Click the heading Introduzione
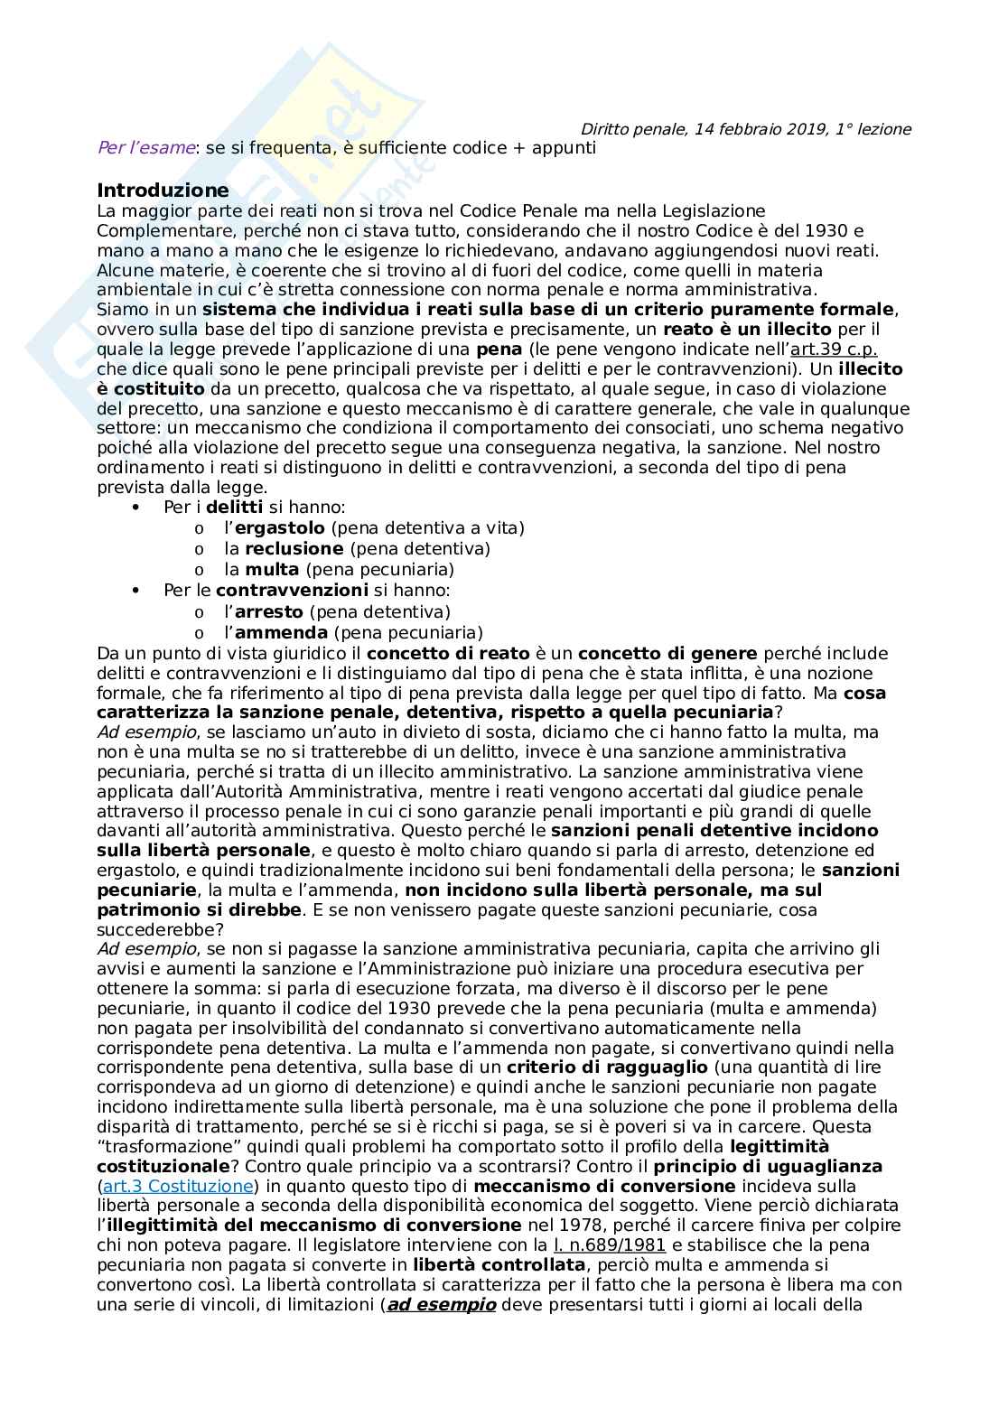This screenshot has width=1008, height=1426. coord(163,191)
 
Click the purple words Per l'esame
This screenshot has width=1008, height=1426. coord(145,148)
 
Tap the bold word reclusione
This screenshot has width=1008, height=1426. coord(294,549)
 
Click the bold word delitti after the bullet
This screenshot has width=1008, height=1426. coord(235,508)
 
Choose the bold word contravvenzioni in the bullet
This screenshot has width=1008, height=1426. coord(292,591)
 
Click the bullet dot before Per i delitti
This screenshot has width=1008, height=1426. coord(136,508)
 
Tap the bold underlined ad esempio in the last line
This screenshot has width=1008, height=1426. coord(442,1305)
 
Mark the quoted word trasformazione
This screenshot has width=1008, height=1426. coord(168,1147)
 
